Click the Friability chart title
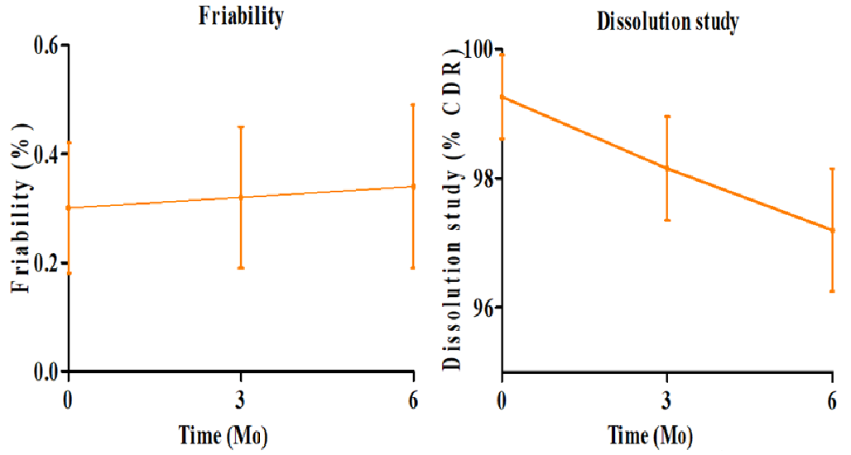(x=240, y=16)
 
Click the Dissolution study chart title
(x=667, y=22)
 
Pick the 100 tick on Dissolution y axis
(x=478, y=50)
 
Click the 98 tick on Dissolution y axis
(x=483, y=180)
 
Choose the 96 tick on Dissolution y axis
(x=483, y=309)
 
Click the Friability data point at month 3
(x=241, y=197)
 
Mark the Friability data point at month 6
(x=413, y=186)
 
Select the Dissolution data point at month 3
(x=667, y=168)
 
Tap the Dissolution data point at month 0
(x=502, y=97)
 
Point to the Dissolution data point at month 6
(x=832, y=230)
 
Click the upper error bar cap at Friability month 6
(x=413, y=104)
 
